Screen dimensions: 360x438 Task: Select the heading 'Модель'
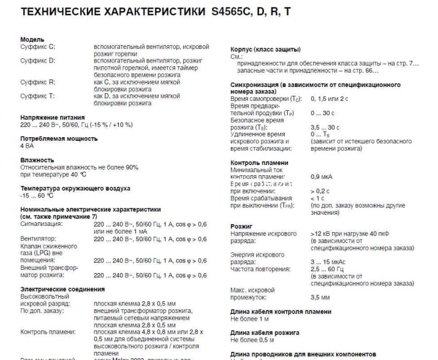pyautogui.click(x=32, y=39)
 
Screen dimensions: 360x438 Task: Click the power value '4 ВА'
pyautogui.click(x=28, y=145)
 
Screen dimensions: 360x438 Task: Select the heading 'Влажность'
pyautogui.click(x=37, y=160)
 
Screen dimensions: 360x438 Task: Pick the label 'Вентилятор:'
pyautogui.click(x=38, y=239)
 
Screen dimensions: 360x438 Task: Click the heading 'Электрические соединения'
pyautogui.click(x=63, y=289)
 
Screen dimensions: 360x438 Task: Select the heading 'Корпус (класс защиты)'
pyautogui.click(x=265, y=49)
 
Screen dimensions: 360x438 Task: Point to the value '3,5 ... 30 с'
pyautogui.click(x=325, y=127)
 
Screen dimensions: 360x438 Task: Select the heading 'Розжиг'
pyautogui.click(x=242, y=225)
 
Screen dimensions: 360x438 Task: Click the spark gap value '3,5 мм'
pyautogui.click(x=320, y=297)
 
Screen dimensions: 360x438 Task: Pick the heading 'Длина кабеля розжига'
pyautogui.click(x=265, y=332)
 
